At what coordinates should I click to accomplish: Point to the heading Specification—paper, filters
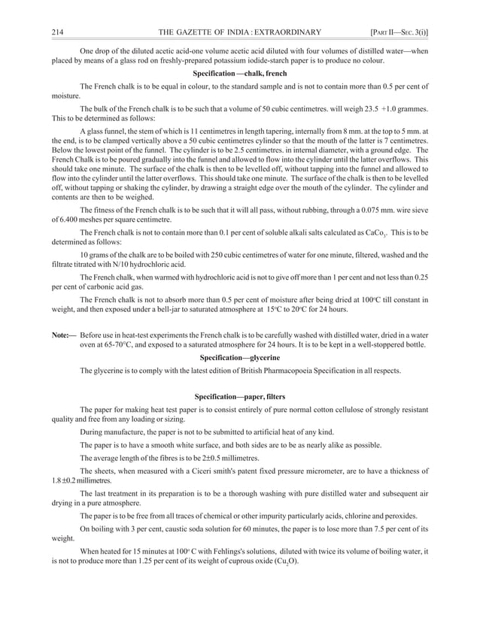click(x=240, y=395)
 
